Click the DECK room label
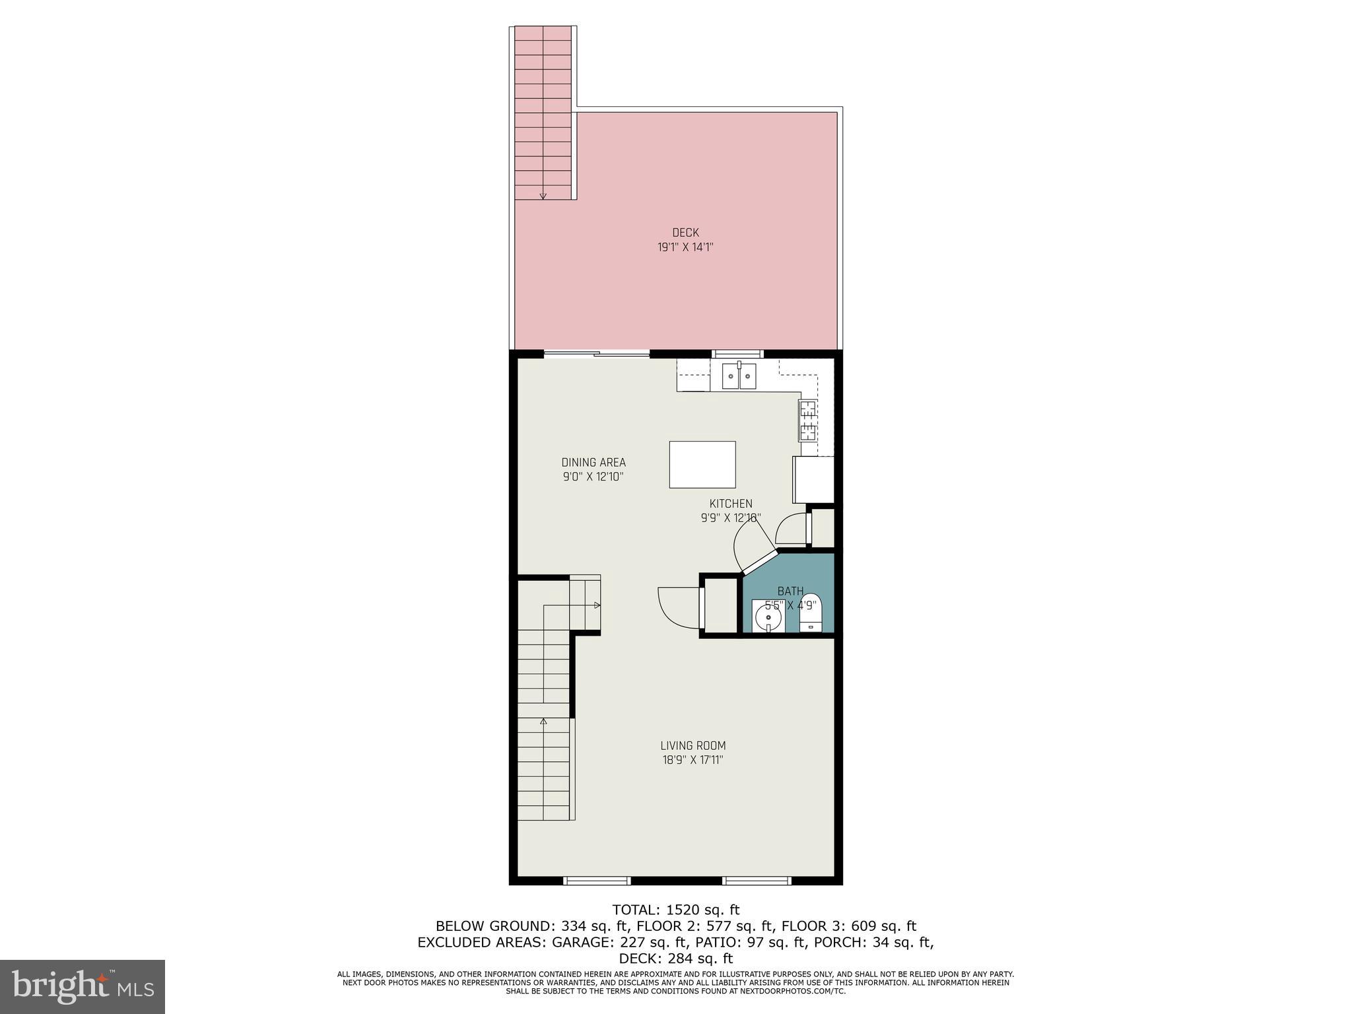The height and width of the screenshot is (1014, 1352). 685,232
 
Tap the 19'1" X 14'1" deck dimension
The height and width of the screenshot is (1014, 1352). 685,248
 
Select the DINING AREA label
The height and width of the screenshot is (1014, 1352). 593,462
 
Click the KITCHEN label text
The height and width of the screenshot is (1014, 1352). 731,504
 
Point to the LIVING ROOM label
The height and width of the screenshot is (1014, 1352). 693,745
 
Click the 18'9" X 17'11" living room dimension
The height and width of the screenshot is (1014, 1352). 693,760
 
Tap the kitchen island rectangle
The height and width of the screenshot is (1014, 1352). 702,465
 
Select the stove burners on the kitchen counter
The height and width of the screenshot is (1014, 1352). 807,421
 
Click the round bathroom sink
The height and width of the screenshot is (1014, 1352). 768,618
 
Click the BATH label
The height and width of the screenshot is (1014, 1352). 790,591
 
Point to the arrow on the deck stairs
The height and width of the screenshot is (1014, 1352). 543,194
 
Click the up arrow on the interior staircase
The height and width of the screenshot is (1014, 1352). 543,722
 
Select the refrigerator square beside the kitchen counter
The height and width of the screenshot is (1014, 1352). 813,480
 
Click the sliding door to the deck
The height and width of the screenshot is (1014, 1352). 597,355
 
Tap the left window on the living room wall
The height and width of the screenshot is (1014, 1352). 597,880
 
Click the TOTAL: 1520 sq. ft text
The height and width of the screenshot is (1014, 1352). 675,910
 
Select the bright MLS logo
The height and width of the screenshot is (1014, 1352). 83,986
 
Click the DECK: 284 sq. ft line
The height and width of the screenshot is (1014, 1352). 675,959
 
